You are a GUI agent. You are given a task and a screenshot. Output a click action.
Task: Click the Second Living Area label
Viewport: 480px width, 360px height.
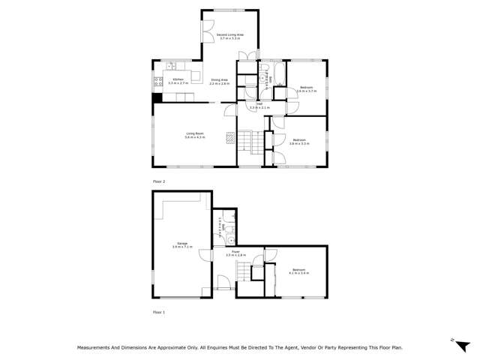[x=229, y=34]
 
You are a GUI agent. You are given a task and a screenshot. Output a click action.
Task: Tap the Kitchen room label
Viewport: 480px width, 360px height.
[x=178, y=79]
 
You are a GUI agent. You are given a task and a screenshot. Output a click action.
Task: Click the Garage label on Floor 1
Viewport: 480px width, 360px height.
[x=182, y=243]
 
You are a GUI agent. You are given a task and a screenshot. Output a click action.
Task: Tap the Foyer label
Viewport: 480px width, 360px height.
[x=235, y=252]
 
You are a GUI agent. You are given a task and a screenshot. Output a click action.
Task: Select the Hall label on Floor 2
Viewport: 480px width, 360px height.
[x=259, y=105]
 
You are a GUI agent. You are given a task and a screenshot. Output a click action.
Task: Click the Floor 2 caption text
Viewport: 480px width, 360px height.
[x=158, y=181]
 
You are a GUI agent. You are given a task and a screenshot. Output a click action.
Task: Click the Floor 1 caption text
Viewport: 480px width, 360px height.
[x=158, y=311]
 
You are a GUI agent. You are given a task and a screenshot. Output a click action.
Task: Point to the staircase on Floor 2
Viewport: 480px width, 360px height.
[x=252, y=141]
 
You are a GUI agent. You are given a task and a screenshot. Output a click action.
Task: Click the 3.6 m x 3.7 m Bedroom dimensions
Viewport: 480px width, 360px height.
[x=307, y=91]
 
